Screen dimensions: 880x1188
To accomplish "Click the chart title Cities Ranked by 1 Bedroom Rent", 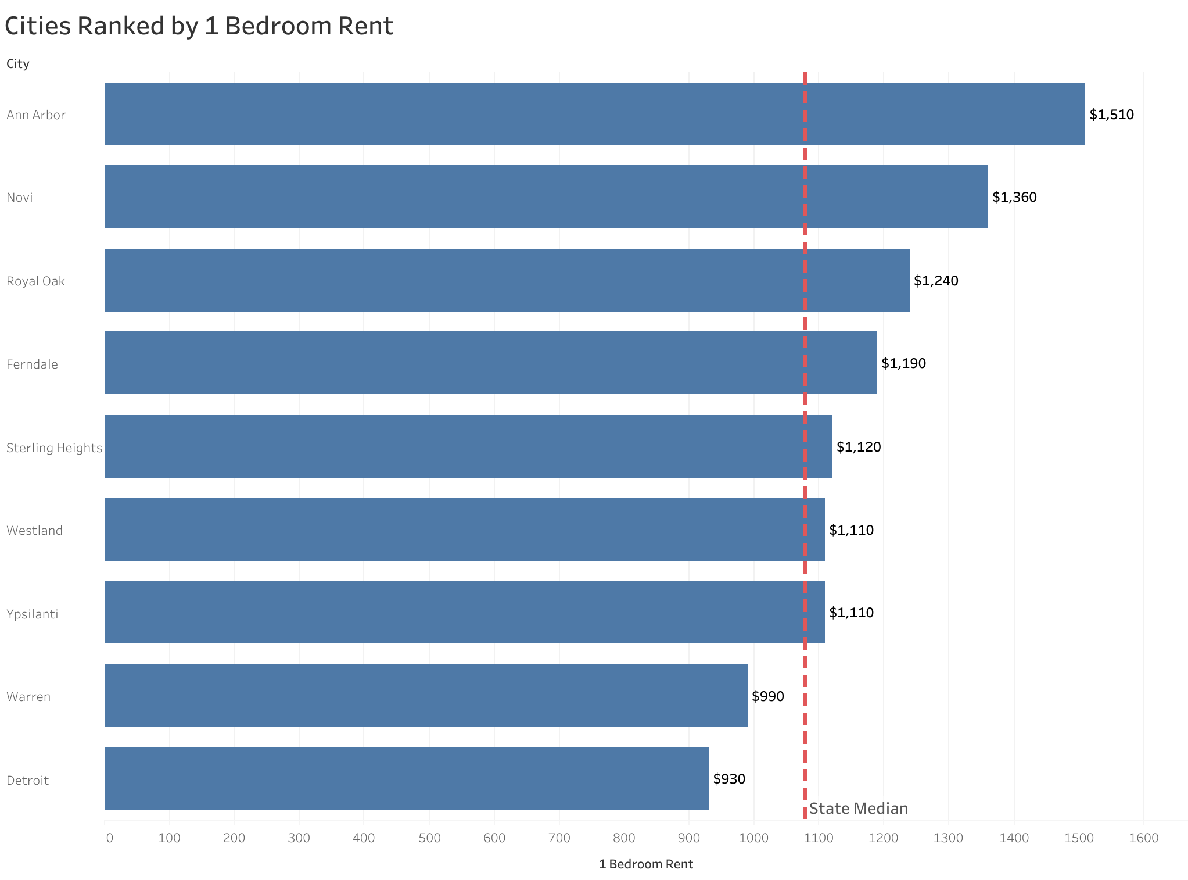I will [x=199, y=27].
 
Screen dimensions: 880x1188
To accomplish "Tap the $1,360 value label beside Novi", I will [x=1014, y=197].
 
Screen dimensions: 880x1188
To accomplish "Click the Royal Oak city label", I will [x=35, y=281].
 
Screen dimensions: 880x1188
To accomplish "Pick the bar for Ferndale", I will [x=491, y=363].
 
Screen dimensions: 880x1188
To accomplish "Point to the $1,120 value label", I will [x=858, y=447].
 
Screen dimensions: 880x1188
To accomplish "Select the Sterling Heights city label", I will [x=54, y=448].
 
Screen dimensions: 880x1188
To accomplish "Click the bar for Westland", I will [x=465, y=530].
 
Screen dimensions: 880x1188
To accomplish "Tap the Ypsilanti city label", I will [x=33, y=614].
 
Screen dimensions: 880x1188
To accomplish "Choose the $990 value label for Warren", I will [x=767, y=696].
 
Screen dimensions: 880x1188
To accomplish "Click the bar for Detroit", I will [x=407, y=778].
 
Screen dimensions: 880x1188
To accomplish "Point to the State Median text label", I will [x=858, y=809].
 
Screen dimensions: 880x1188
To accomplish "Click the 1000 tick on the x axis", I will [x=754, y=838].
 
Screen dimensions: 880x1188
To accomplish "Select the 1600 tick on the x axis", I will [x=1143, y=838].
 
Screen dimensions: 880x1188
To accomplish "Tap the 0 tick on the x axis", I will [x=109, y=838].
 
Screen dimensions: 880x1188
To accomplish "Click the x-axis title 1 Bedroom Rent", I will [x=645, y=864].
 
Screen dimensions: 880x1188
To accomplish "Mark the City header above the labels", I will [x=18, y=64].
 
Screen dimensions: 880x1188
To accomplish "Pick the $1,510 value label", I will [x=1111, y=115].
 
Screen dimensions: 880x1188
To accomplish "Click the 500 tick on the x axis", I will [x=429, y=838].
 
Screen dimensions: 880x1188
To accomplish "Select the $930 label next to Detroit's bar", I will [x=728, y=779].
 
